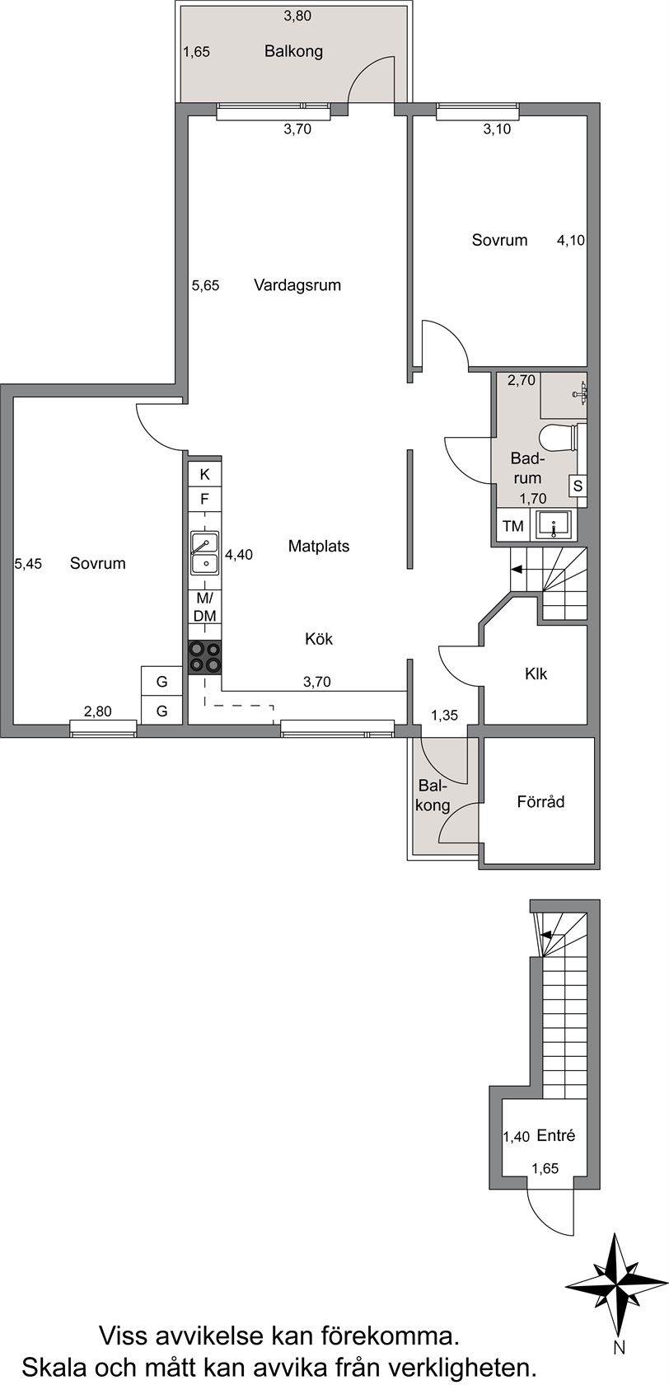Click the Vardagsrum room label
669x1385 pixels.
pos(297,285)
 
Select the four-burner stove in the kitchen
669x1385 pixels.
pos(205,656)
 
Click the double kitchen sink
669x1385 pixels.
pos(204,553)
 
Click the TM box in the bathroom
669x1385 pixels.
pos(512,526)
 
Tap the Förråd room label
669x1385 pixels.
pos(540,802)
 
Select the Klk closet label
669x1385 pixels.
pos(536,674)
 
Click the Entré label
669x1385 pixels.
pos(556,1136)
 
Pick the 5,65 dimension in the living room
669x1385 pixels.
pos(206,285)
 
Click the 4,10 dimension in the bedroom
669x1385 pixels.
pos(571,241)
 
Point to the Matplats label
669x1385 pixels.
pos(319,546)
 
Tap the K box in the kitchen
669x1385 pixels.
pos(205,474)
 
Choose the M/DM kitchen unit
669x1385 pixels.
pos(205,607)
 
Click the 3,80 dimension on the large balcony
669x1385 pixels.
pos(297,16)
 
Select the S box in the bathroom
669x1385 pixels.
pos(578,486)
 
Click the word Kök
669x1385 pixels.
pos(319,639)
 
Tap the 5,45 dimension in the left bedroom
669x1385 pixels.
pos(28,564)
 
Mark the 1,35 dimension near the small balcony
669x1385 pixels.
pos(444,716)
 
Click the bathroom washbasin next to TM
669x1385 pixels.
pos(554,526)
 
